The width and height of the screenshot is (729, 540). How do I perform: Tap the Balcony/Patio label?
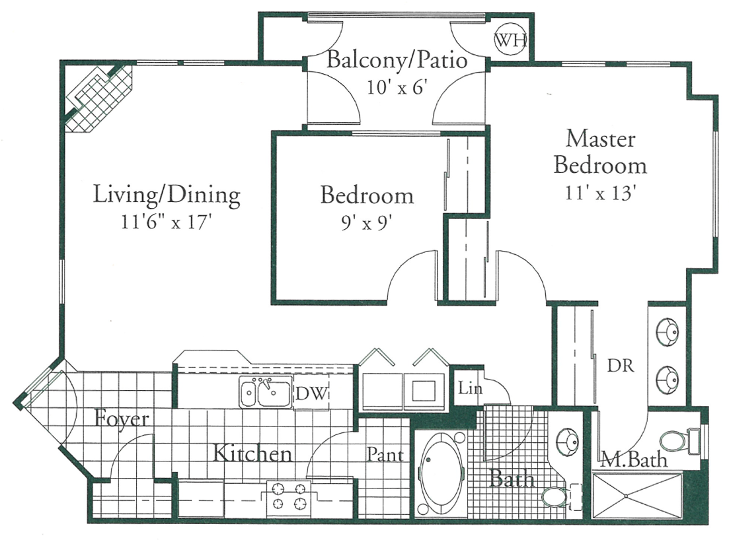[397, 61]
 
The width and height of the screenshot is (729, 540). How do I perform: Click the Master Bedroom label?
[600, 152]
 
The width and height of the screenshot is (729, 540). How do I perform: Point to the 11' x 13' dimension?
[600, 193]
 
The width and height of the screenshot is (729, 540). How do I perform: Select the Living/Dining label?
[166, 195]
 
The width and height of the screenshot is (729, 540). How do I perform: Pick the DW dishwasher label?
[311, 395]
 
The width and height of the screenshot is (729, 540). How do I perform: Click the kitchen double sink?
[266, 394]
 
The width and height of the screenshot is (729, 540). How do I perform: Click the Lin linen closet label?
[470, 389]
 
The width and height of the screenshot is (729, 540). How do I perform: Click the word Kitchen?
[252, 454]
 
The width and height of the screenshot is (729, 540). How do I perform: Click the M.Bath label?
[633, 459]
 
